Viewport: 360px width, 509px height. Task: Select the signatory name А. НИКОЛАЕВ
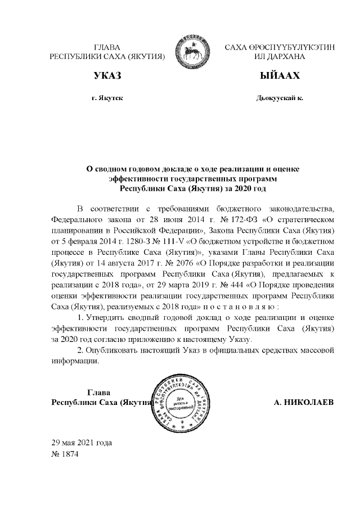(303, 403)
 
